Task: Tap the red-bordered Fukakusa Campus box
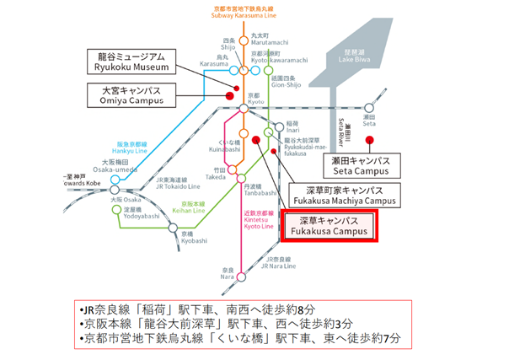click(x=330, y=226)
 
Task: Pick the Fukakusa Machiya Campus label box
click(x=342, y=195)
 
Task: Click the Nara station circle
click(x=241, y=276)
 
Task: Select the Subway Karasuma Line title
click(x=244, y=12)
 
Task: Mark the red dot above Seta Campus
click(x=380, y=141)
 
